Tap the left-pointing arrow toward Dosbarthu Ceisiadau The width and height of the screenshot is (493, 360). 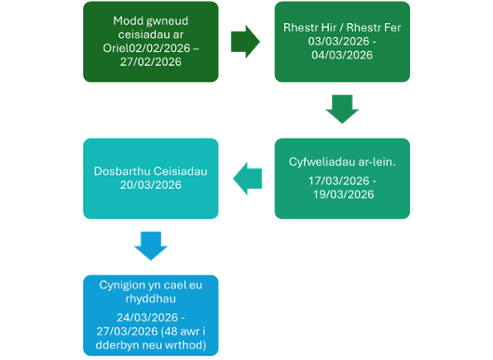tap(248, 177)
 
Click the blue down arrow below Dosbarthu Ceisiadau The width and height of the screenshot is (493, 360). tap(150, 245)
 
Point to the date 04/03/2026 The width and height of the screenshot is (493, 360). tap(342, 55)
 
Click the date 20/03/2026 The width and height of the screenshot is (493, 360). tap(150, 185)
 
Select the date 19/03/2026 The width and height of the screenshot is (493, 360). tap(342, 195)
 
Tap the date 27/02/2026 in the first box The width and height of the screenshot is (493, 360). tap(150, 62)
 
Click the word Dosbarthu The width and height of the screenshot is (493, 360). tap(118, 170)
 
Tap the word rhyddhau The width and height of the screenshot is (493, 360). tap(150, 298)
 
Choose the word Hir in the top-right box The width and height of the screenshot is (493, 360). tap(321, 25)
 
